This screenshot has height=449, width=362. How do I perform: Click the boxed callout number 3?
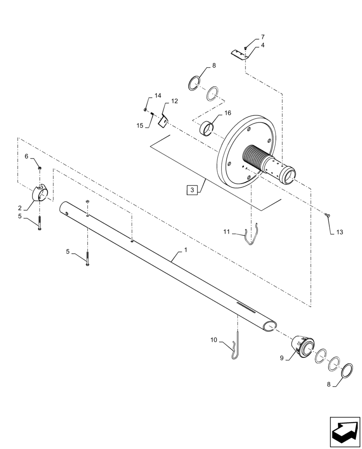(192, 190)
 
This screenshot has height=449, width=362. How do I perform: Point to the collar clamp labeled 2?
(41, 194)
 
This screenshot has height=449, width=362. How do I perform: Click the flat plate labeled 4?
(240, 54)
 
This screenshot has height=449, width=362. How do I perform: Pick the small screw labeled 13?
(327, 216)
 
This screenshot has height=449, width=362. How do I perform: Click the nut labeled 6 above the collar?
(40, 167)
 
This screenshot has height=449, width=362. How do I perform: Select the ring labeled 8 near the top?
(194, 84)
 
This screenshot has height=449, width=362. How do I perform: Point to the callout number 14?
(158, 96)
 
